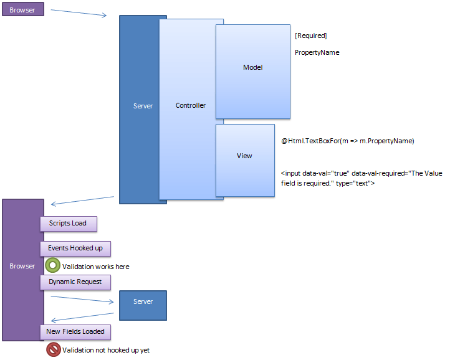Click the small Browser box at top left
click(22, 10)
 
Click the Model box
click(252, 67)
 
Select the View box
click(244, 156)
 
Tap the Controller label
click(190, 106)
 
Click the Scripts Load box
click(68, 223)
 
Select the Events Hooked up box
click(75, 248)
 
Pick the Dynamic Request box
click(75, 282)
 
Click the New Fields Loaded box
click(75, 331)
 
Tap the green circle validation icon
click(53, 266)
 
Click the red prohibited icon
click(54, 349)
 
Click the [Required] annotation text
click(310, 36)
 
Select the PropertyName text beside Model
click(317, 52)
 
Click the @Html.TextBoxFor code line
click(347, 141)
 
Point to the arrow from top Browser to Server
click(79, 13)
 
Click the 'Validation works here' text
click(95, 267)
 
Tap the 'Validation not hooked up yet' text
click(105, 350)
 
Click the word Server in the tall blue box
click(143, 106)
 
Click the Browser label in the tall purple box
click(22, 266)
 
